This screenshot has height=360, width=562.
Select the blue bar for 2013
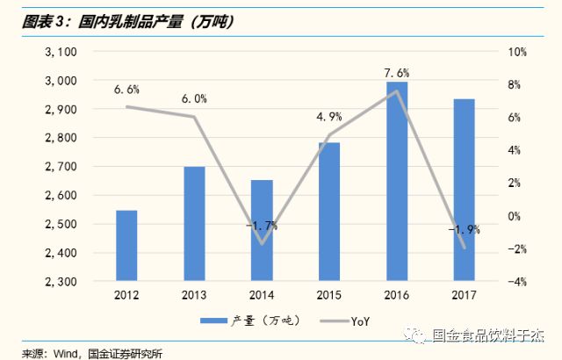(x=194, y=224)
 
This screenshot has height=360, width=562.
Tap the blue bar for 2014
(x=262, y=230)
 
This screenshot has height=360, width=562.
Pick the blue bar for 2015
(x=329, y=212)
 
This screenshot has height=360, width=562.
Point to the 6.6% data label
(x=126, y=89)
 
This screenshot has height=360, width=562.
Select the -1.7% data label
(x=262, y=226)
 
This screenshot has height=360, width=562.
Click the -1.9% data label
(x=464, y=230)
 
